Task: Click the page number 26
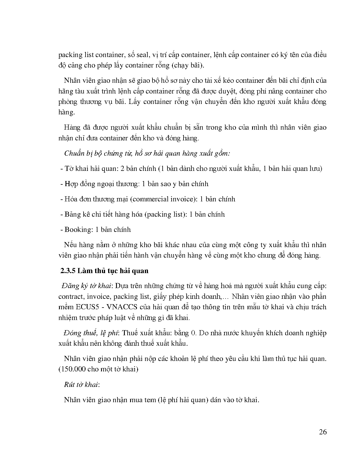point(323,432)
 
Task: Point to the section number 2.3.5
point(67,271)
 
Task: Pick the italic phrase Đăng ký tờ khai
point(86,286)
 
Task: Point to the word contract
point(71,297)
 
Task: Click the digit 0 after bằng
point(193,333)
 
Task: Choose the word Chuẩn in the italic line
point(74,153)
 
